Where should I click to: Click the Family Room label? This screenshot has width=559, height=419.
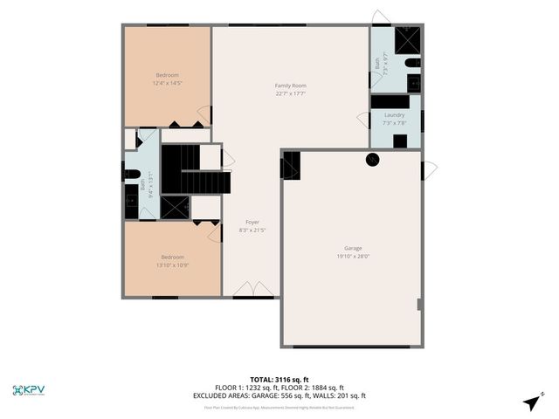pyautogui.click(x=290, y=86)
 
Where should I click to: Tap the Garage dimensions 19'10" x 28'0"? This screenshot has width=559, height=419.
pyautogui.click(x=353, y=257)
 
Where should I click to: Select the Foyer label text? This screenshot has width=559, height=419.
pyautogui.click(x=252, y=222)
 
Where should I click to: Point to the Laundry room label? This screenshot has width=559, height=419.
pyautogui.click(x=394, y=114)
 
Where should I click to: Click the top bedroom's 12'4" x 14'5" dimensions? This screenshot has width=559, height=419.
pyautogui.click(x=168, y=83)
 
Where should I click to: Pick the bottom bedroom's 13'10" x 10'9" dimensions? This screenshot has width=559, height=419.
pyautogui.click(x=171, y=264)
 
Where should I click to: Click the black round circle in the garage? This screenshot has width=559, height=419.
pyautogui.click(x=373, y=160)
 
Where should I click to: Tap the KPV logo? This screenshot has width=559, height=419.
pyautogui.click(x=30, y=389)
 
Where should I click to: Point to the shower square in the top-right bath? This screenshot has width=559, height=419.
pyautogui.click(x=407, y=40)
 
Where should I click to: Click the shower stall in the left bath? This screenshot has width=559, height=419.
pyautogui.click(x=176, y=208)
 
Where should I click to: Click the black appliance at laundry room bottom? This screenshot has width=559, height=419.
pyautogui.click(x=399, y=141)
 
